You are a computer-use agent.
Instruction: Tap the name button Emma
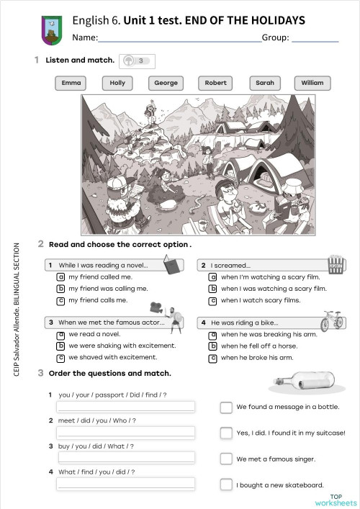tap(71, 83)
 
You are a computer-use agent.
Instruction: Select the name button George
tap(166, 83)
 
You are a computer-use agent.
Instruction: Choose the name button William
tap(312, 83)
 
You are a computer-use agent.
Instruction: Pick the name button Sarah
tap(265, 83)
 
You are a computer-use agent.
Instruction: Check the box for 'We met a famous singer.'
tap(226, 459)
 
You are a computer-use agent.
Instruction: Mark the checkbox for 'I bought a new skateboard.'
tap(226, 485)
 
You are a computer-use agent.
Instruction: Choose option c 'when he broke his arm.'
tap(212, 358)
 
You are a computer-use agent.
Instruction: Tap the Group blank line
tap(315, 41)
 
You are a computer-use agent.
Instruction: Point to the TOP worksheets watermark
tap(336, 500)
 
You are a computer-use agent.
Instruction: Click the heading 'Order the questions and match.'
tap(109, 373)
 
